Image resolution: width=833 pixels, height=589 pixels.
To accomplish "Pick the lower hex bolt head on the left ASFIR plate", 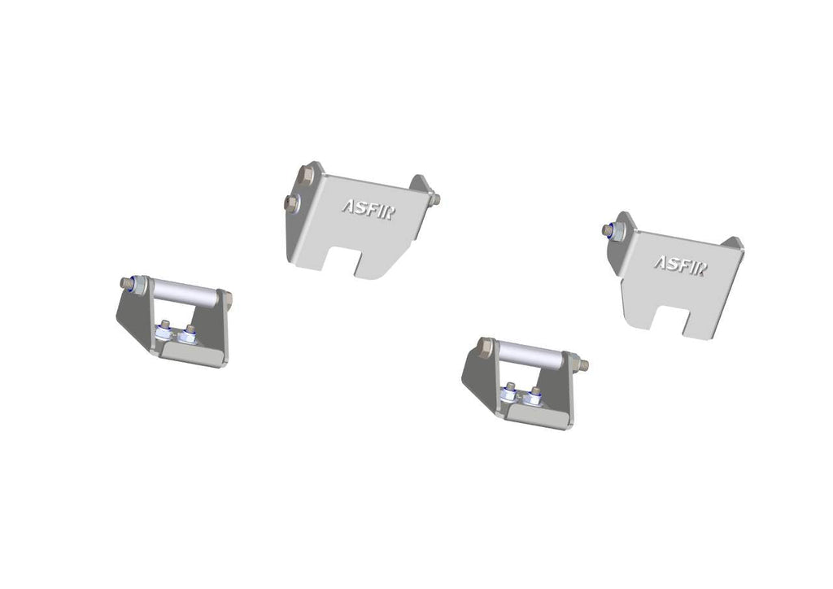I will point(290,201).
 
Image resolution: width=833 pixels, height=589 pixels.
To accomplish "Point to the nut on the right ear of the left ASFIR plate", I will point(435,199).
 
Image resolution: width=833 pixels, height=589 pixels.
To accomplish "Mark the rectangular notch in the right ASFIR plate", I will point(677,320).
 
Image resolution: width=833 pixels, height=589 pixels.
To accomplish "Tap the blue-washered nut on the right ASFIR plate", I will point(608,230).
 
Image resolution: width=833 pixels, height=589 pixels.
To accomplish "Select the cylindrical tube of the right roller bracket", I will point(530,356).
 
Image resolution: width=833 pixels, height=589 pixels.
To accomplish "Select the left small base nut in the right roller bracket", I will point(510,391).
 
